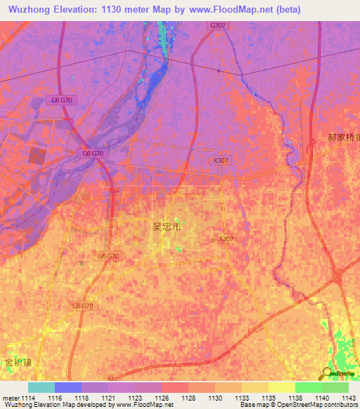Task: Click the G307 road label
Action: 217,25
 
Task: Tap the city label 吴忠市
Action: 167,227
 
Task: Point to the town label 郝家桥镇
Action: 344,138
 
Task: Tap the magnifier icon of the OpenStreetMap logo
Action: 327,373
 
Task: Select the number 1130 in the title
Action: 128,9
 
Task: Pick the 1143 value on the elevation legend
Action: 349,398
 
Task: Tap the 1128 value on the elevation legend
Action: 188,398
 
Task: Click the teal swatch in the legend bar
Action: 41,387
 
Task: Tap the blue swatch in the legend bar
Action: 68,387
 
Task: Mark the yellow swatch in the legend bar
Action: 282,387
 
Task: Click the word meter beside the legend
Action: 10,398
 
